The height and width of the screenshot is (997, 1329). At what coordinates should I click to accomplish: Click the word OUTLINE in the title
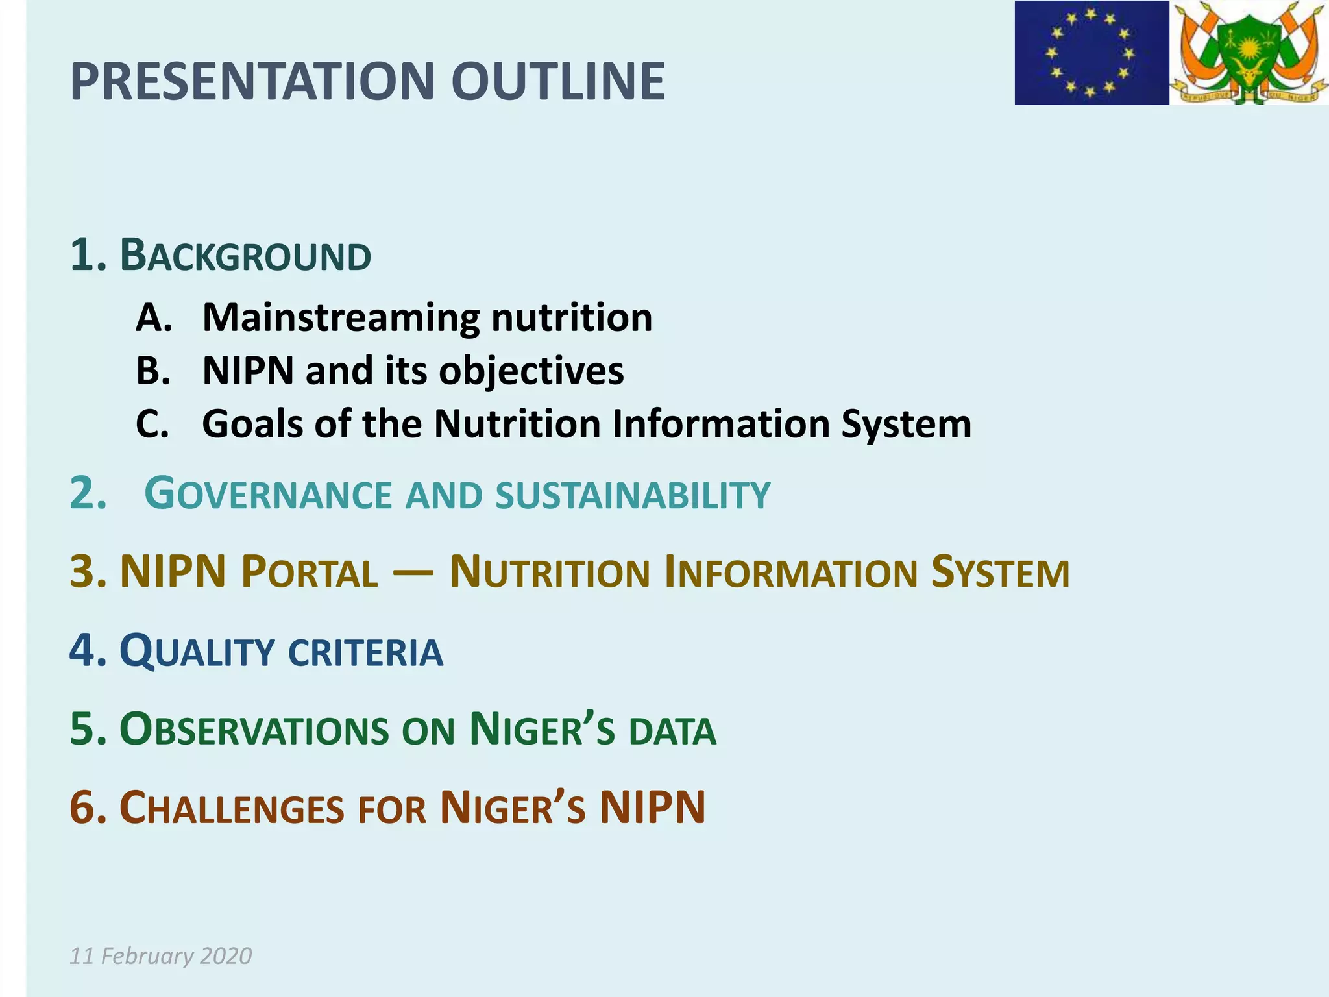(558, 82)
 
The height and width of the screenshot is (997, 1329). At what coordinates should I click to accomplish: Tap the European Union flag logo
(1091, 53)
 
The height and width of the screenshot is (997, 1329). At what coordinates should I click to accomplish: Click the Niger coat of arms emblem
(1249, 53)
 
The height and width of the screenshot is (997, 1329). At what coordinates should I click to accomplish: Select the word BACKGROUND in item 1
(245, 256)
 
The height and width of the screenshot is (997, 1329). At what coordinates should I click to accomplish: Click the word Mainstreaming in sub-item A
(340, 318)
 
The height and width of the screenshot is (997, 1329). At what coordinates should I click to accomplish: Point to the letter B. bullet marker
(153, 371)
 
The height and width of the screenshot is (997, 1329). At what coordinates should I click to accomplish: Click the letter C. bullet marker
(153, 425)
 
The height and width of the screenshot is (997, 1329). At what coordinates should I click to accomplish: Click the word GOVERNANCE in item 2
(268, 495)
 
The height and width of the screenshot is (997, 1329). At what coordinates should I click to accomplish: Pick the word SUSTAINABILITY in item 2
(633, 495)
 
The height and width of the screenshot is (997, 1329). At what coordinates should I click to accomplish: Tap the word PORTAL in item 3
(309, 572)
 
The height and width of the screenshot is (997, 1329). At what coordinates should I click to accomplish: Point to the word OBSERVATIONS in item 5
(254, 730)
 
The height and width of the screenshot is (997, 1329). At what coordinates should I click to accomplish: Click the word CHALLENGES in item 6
(232, 809)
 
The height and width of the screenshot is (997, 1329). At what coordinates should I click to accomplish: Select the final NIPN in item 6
(652, 807)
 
